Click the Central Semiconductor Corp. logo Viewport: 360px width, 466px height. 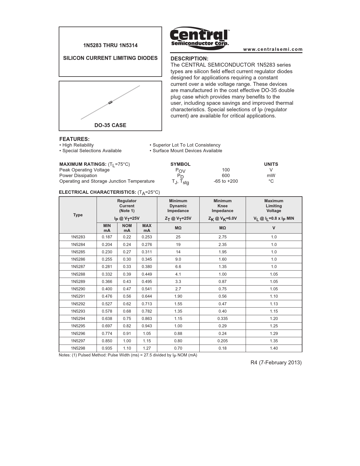tap(200, 38)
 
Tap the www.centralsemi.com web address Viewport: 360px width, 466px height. tap(273, 49)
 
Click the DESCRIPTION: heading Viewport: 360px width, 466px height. tap(189, 59)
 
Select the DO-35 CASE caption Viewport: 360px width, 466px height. tap(110, 125)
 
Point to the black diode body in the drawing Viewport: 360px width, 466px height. tap(110, 102)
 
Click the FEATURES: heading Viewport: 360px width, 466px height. tap(74, 139)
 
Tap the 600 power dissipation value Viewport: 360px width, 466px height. tap(226, 175)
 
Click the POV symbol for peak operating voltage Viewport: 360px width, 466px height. tap(180, 170)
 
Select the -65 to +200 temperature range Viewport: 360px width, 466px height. tap(226, 181)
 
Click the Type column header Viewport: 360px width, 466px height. tap(78, 215)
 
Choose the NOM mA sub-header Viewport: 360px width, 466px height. tap(127, 228)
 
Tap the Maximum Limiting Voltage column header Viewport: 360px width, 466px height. tap(274, 206)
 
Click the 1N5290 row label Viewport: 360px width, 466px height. tap(78, 289)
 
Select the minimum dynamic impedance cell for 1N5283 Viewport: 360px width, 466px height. tap(178, 237)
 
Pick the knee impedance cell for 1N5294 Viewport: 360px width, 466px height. tap(222, 319)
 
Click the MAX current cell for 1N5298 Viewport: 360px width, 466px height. tap(147, 348)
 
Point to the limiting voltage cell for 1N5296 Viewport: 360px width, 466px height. tap(274, 334)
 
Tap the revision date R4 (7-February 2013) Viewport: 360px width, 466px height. tap(276, 363)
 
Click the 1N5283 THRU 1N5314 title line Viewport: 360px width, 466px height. tap(110, 45)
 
